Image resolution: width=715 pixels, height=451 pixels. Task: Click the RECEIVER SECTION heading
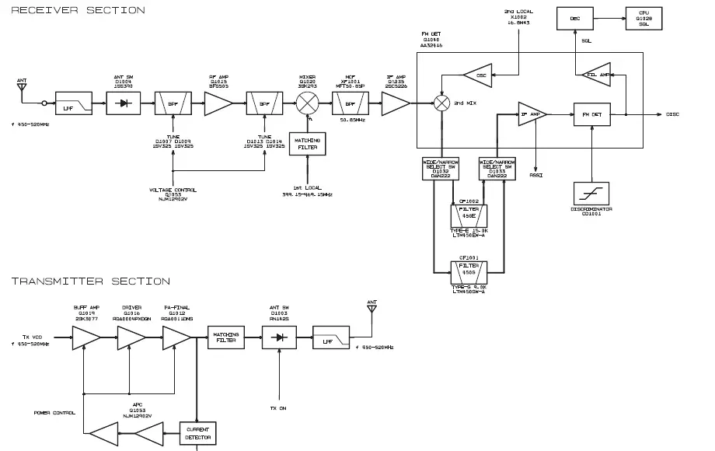pos(78,10)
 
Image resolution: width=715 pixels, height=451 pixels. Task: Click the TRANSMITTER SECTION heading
pos(90,281)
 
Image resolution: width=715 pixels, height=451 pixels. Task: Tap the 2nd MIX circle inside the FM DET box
pos(442,102)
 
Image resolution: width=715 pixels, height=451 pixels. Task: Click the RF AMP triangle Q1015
pos(218,103)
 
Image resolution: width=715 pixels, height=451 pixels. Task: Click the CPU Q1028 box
pos(644,19)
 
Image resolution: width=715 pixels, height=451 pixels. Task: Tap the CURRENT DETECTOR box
pos(197,433)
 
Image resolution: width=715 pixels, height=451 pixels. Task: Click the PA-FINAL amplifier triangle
pos(177,337)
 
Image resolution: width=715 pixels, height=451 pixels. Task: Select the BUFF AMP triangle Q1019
pos(86,337)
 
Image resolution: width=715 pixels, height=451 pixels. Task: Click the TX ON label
pos(278,407)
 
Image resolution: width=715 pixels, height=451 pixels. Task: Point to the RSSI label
pos(536,176)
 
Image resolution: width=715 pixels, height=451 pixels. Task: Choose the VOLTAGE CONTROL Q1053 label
pos(173,194)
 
